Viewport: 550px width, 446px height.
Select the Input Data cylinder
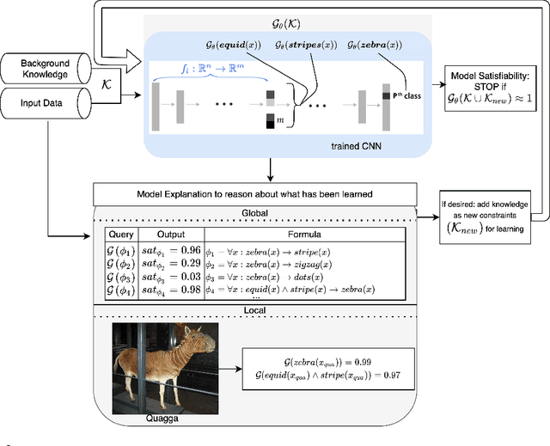coord(48,103)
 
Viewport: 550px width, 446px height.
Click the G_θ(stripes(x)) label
coord(306,45)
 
